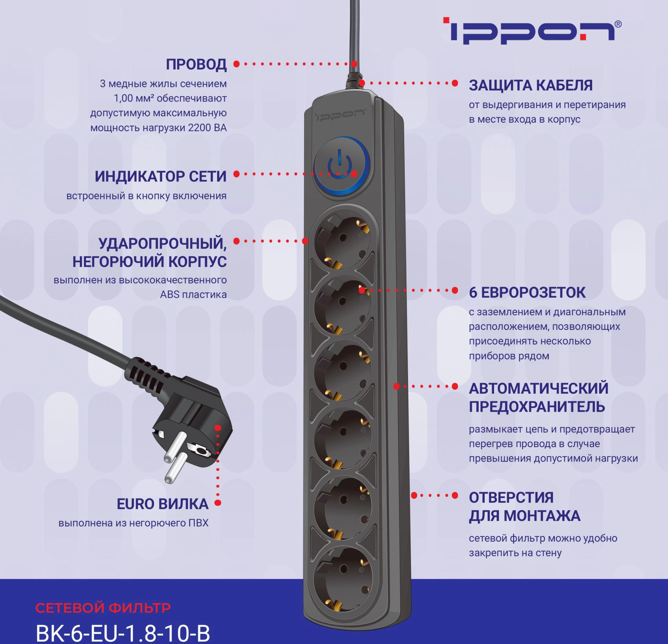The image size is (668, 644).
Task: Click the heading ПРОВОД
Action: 196,65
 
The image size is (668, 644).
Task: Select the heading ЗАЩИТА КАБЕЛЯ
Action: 531,85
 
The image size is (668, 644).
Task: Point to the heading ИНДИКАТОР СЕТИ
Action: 161,176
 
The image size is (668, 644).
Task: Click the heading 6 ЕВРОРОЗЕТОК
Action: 527,293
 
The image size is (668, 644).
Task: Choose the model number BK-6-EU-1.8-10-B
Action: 123,633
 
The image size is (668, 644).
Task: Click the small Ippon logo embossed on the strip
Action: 340,115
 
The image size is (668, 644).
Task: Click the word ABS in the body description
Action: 169,295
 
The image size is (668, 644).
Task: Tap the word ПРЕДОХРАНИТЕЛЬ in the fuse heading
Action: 537,407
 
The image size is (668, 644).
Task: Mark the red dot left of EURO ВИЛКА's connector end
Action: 218,503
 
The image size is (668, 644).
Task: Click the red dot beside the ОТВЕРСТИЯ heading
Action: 455,496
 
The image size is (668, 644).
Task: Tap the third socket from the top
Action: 343,373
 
